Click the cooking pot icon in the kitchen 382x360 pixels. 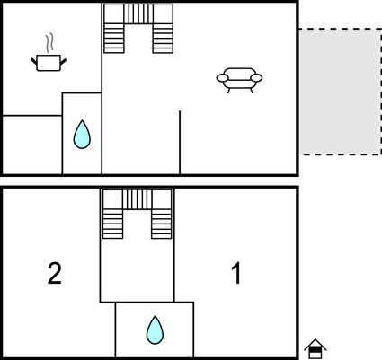pyautogui.click(x=49, y=63)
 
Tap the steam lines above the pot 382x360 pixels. pyautogui.click(x=49, y=43)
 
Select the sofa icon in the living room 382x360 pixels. pyautogui.click(x=239, y=80)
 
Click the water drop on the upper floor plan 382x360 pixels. pyautogui.click(x=82, y=135)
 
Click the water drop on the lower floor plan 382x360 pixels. pyautogui.click(x=155, y=329)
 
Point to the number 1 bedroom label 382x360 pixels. pyautogui.click(x=236, y=273)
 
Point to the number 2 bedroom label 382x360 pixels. pyautogui.click(x=55, y=273)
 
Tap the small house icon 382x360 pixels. pyautogui.click(x=315, y=348)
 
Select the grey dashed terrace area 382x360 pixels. pyautogui.click(x=341, y=92)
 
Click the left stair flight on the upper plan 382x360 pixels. pyautogui.click(x=114, y=39)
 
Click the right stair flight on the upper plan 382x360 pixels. pyautogui.click(x=163, y=39)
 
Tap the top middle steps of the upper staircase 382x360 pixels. pyautogui.click(x=138, y=13)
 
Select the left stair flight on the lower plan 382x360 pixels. pyautogui.click(x=112, y=224)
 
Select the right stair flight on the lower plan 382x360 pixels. pyautogui.click(x=162, y=224)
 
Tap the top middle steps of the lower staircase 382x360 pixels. pyautogui.click(x=137, y=199)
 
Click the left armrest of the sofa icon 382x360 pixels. pyautogui.click(x=222, y=78)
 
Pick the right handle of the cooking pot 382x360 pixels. pyautogui.click(x=63, y=62)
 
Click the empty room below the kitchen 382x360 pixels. pyautogui.click(x=32, y=145)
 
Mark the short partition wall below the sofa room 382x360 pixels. pyautogui.click(x=180, y=142)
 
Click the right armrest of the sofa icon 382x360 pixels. pyautogui.click(x=256, y=78)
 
